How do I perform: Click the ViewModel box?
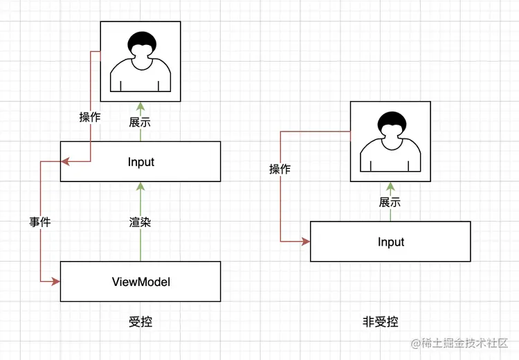click(140, 282)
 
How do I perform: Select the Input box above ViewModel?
click(140, 162)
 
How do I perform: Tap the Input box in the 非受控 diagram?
click(390, 242)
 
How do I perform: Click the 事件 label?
click(40, 222)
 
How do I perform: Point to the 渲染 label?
click(140, 222)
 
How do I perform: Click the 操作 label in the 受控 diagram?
click(90, 117)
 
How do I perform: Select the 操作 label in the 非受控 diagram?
click(280, 169)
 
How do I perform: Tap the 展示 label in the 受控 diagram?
click(140, 123)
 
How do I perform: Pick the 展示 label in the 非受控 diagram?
click(390, 203)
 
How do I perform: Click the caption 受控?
click(140, 322)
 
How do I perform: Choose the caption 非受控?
click(381, 322)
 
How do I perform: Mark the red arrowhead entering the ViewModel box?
click(56, 282)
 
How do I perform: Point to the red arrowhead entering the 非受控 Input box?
click(306, 242)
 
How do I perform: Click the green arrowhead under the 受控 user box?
click(140, 106)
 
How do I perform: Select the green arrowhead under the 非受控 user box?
click(390, 186)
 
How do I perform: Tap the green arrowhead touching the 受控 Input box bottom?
click(140, 186)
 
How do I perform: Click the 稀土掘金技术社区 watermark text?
click(465, 343)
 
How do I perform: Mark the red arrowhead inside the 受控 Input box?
click(65, 162)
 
